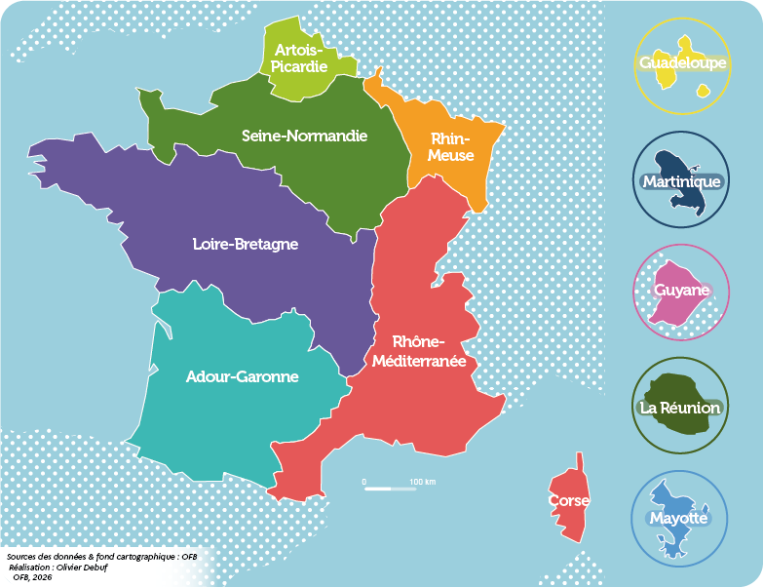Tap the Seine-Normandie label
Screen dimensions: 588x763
point(304,136)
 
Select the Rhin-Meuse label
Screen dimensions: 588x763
point(451,147)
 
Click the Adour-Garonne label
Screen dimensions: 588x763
point(242,376)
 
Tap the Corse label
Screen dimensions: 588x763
point(568,500)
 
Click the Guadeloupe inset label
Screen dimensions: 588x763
point(682,63)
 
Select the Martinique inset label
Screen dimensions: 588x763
point(681,181)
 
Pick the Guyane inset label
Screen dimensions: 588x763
point(681,291)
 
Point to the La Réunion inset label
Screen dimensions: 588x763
point(680,408)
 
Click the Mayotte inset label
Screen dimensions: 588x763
point(678,518)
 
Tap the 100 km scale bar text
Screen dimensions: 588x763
point(422,482)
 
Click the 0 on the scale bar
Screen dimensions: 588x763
point(363,482)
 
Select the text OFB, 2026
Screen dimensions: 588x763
point(32,577)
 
